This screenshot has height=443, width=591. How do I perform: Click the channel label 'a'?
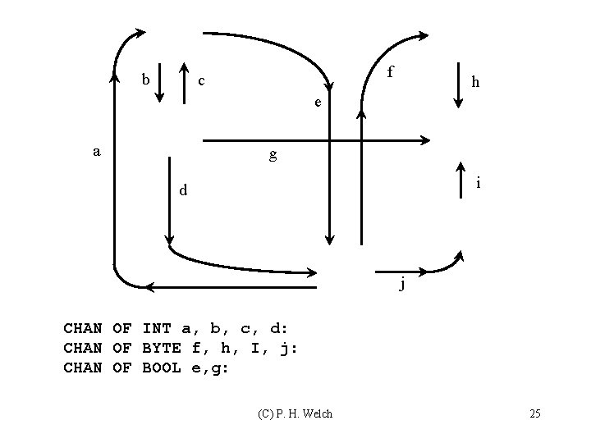point(97,152)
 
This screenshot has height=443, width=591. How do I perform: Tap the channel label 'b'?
point(145,80)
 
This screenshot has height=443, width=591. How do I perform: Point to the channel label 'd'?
point(184,191)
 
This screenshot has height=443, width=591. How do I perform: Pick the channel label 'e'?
point(317,103)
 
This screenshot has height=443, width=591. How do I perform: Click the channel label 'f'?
point(391,72)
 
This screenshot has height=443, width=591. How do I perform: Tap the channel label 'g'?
point(273,154)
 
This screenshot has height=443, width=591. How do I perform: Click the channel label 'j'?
point(401,285)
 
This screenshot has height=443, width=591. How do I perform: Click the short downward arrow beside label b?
point(161,82)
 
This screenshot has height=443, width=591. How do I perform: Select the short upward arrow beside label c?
point(182,82)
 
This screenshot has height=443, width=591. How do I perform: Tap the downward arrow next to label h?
point(457,82)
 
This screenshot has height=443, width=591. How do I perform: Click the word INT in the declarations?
point(156,329)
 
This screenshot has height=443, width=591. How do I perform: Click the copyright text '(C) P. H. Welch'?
point(295,413)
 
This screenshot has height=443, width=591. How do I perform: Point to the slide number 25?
point(535,413)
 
